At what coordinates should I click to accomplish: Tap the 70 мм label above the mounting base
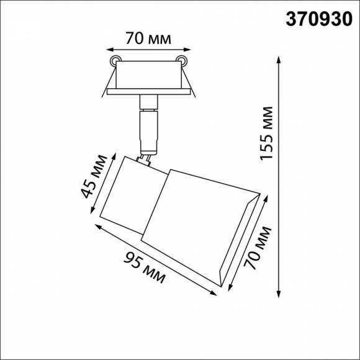pos(147,38)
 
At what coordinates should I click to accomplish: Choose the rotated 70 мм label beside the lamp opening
pos(259,248)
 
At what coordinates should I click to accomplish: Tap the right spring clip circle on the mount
pos(181,60)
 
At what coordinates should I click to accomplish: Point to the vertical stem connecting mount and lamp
pos(149,124)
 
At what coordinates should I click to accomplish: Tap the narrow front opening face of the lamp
pos(239,242)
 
